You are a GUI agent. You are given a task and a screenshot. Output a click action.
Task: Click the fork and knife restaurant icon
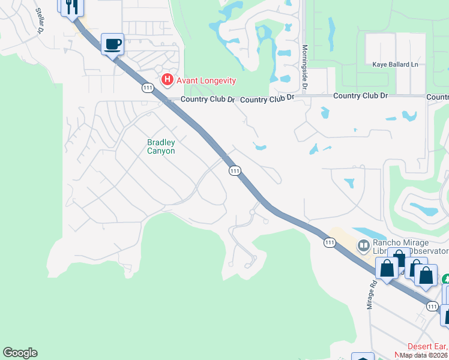pyautogui.click(x=71, y=7)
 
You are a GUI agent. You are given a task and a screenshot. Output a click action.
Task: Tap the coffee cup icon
pyautogui.click(x=112, y=44)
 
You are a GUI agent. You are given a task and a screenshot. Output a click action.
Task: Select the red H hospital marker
pyautogui.click(x=167, y=80)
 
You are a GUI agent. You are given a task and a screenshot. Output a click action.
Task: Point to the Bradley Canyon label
pyautogui.click(x=161, y=146)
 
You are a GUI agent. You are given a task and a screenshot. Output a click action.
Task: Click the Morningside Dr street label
pyautogui.click(x=305, y=68)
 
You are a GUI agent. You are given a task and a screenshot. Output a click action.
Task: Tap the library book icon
pyautogui.click(x=363, y=245)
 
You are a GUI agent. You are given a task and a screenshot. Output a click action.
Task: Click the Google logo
pyautogui.click(x=20, y=353)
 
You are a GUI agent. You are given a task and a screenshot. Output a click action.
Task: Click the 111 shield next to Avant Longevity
pyautogui.click(x=148, y=88)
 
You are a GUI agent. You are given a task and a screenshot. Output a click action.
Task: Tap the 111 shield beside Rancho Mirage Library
pyautogui.click(x=329, y=242)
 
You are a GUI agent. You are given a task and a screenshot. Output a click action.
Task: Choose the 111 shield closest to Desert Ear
pyautogui.click(x=433, y=306)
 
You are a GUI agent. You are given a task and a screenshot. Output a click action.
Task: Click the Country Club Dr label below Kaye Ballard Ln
pyautogui.click(x=360, y=96)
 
